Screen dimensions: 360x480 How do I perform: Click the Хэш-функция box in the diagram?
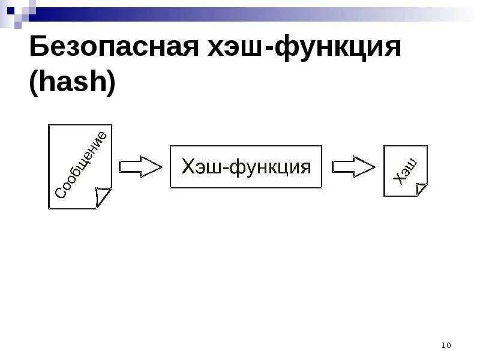click(246, 167)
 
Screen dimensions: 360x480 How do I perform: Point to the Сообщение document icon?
click(80, 167)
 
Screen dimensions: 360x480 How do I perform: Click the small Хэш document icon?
click(406, 170)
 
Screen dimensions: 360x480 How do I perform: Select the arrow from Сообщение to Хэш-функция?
click(140, 167)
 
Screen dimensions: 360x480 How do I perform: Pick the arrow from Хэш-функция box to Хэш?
click(353, 167)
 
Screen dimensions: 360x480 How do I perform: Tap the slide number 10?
click(446, 345)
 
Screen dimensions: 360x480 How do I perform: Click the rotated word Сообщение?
click(81, 164)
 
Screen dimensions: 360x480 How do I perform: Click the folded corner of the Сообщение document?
click(103, 196)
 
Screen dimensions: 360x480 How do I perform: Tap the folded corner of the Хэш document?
click(421, 189)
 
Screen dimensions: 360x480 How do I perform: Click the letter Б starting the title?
click(39, 48)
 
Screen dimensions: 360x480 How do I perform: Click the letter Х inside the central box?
click(187, 167)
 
